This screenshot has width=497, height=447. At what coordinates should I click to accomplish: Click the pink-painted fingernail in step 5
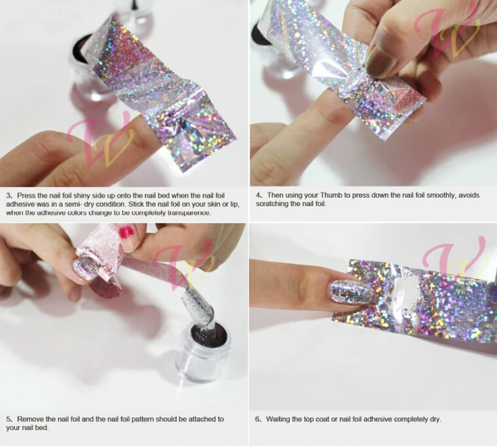pyautogui.click(x=141, y=230)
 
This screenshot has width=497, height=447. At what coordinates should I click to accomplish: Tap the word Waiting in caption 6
pyautogui.click(x=280, y=419)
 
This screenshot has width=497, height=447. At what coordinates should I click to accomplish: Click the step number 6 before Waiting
pyautogui.click(x=258, y=419)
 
